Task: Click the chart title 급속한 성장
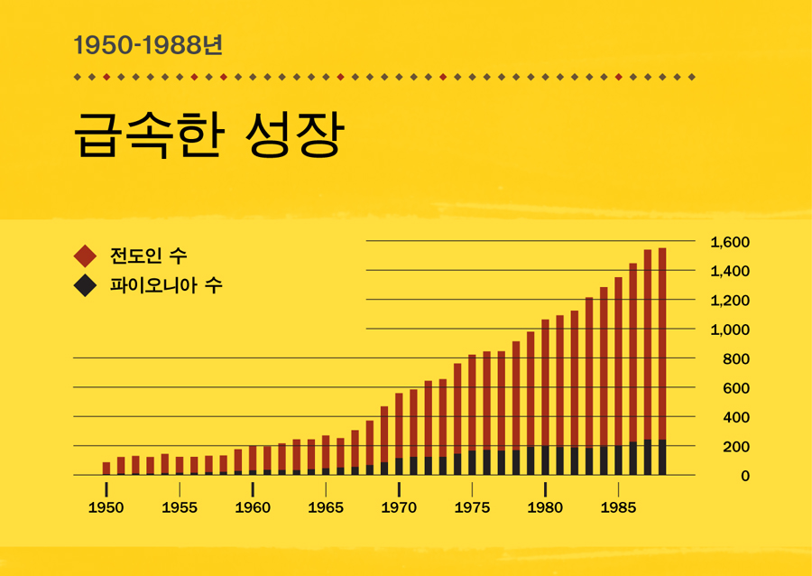208,136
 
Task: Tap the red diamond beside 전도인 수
86,255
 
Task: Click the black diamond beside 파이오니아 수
86,285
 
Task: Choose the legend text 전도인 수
148,255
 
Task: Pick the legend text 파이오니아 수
165,285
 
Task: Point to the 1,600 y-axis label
730,242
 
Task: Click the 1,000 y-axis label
730,330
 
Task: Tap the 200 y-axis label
737,447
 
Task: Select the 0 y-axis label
745,476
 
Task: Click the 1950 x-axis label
106,508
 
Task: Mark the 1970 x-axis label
399,508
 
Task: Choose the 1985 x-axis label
618,508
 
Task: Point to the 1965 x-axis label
326,508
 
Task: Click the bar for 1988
662,361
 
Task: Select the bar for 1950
106,469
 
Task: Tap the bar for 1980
545,397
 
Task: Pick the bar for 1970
399,434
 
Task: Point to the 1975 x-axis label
472,508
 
